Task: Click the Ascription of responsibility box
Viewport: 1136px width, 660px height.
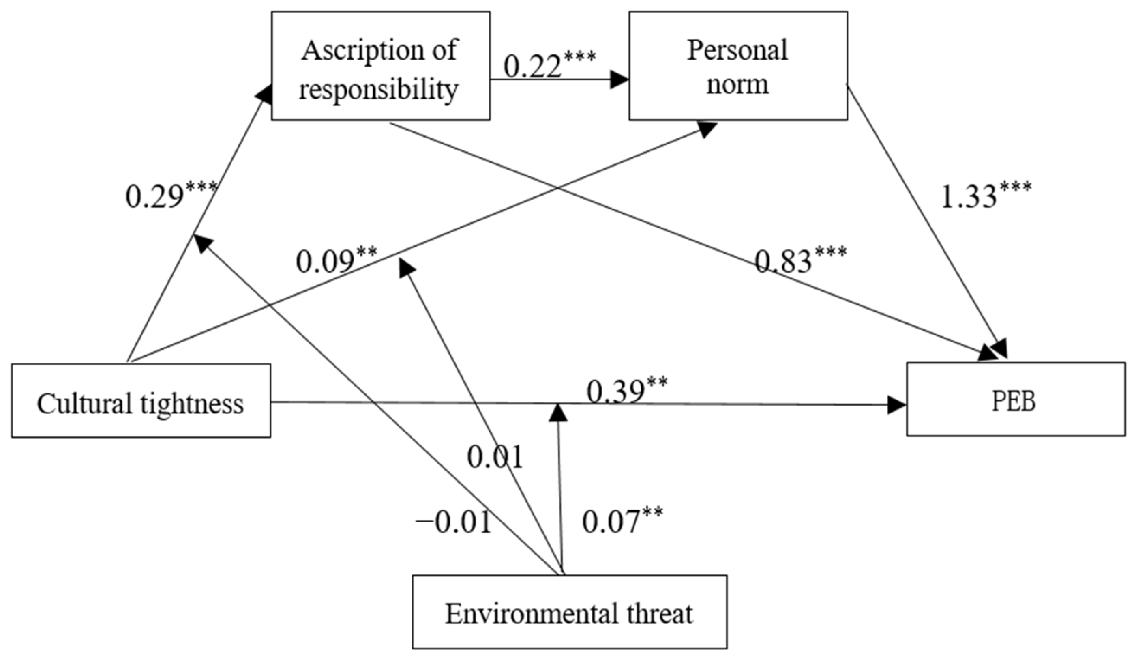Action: click(380, 66)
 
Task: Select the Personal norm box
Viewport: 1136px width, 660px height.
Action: click(737, 66)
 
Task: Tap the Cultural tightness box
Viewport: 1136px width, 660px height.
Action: click(141, 401)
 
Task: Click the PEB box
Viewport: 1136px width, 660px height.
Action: click(1015, 400)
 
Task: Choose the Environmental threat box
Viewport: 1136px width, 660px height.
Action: click(569, 613)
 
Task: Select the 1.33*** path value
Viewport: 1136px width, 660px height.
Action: click(986, 195)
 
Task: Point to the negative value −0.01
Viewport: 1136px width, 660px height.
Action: click(453, 522)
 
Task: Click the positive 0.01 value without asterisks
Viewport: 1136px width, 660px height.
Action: click(495, 456)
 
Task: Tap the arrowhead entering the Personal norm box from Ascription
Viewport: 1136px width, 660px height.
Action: click(619, 80)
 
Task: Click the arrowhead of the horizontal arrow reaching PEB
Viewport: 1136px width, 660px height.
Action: click(897, 405)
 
